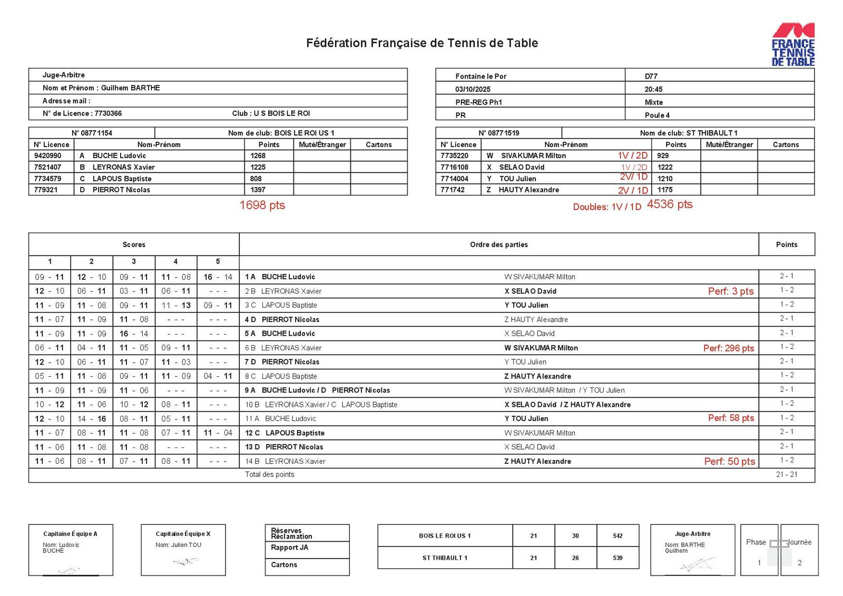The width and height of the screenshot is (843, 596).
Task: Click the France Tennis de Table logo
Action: pos(793,45)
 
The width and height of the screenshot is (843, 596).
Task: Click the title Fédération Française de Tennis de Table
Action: pos(421,43)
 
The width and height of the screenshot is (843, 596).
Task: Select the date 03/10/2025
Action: pos(473,89)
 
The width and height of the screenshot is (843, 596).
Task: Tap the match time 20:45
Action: pos(653,89)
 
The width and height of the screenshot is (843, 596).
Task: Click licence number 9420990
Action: pos(47,155)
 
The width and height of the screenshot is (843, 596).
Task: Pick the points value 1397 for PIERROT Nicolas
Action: pos(258,190)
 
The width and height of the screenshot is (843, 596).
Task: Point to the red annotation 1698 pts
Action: pos(262,205)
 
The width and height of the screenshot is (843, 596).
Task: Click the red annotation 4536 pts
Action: pos(670,204)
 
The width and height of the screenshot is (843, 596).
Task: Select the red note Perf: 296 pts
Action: pos(728,348)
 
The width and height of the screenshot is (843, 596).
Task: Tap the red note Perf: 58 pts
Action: pos(731,418)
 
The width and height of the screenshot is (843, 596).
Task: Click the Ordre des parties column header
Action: pos(498,245)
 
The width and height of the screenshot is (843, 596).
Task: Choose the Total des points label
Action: pos(269,474)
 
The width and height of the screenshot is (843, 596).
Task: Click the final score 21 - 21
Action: pos(786,474)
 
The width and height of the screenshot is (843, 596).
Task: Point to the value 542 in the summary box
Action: pos(617,535)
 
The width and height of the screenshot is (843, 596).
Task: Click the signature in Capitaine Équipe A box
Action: pos(68,570)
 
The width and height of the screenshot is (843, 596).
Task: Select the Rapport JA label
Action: pos(289,548)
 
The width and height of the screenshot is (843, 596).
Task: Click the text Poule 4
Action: pos(657,115)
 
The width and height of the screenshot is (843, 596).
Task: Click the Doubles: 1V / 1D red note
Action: pos(607,207)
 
